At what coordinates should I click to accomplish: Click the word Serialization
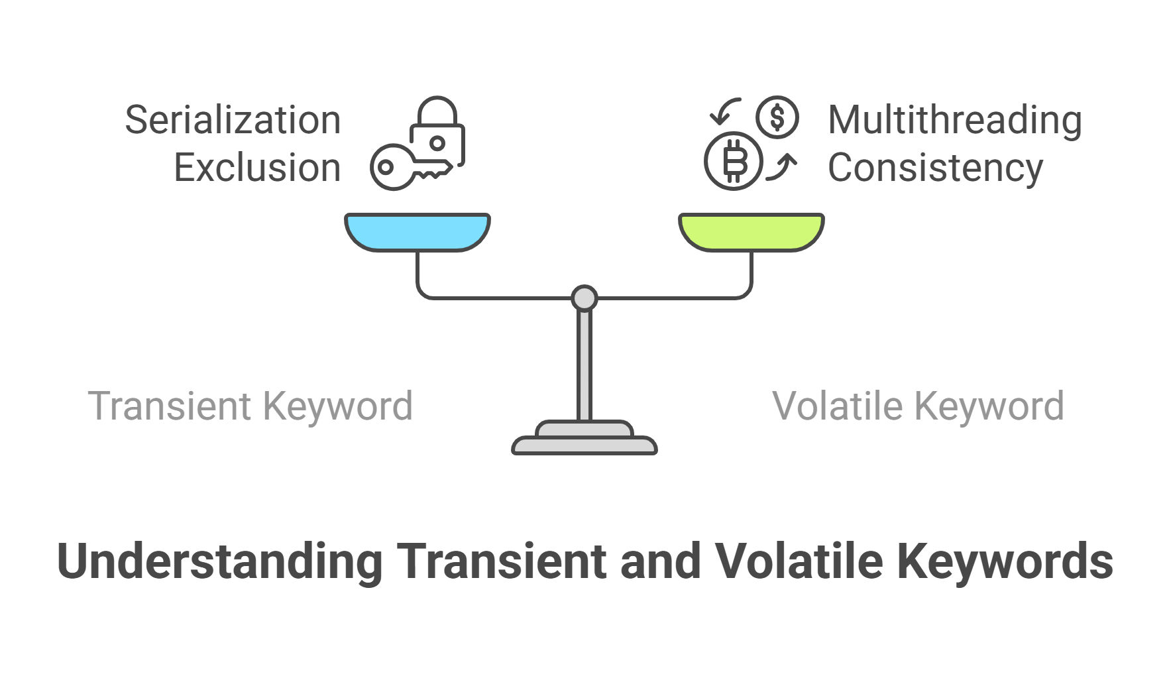click(233, 120)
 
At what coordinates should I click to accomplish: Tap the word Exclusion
click(257, 168)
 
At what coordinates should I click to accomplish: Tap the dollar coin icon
click(777, 117)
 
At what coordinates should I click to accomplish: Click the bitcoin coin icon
click(734, 161)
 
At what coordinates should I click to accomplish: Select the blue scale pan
click(417, 232)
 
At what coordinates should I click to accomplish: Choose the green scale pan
click(751, 232)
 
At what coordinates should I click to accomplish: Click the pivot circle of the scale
click(584, 298)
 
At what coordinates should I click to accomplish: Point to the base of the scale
click(584, 438)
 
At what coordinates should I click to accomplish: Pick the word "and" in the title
click(661, 561)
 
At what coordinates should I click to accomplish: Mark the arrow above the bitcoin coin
click(724, 111)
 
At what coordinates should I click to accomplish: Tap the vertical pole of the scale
click(584, 365)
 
